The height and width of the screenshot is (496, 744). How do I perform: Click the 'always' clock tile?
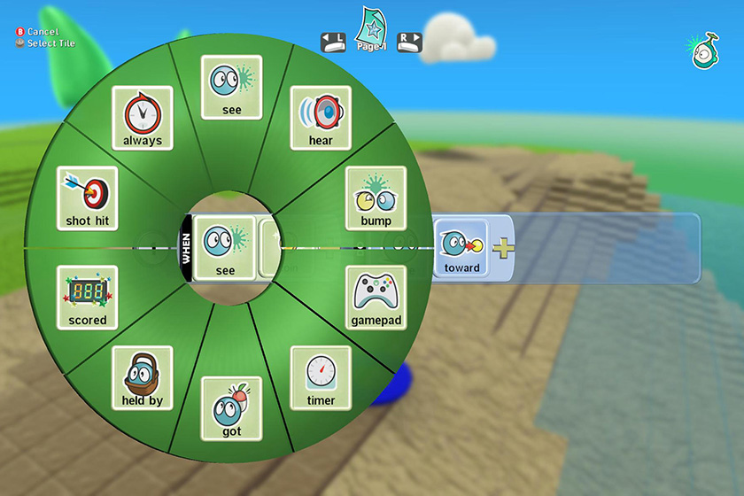click(143, 118)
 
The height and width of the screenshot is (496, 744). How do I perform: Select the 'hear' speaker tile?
click(321, 118)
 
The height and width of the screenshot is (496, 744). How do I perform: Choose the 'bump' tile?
click(376, 198)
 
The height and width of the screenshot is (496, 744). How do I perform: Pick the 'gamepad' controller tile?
click(376, 298)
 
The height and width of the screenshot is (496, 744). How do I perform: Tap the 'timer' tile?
click(321, 378)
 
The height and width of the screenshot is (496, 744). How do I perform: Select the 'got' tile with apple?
click(231, 408)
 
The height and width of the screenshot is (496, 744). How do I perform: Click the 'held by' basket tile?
click(143, 378)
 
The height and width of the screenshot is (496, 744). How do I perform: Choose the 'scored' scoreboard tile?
click(88, 298)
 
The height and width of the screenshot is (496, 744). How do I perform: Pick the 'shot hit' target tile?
click(88, 198)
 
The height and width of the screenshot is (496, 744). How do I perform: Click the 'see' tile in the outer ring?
click(231, 88)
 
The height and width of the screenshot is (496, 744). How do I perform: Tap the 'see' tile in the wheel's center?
click(225, 248)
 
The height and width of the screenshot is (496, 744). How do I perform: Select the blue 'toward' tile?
click(461, 248)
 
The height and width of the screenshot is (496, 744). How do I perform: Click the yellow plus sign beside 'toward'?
click(503, 248)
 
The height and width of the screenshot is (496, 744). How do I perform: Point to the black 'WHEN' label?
click(186, 248)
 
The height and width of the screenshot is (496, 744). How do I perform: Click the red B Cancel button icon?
click(19, 32)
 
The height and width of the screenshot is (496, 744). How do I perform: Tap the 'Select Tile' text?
click(51, 43)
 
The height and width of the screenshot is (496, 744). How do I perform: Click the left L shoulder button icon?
click(333, 43)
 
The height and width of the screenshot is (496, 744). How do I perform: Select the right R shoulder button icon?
click(409, 43)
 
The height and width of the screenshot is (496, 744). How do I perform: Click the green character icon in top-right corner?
click(704, 51)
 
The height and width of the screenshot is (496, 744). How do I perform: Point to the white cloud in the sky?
click(458, 39)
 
